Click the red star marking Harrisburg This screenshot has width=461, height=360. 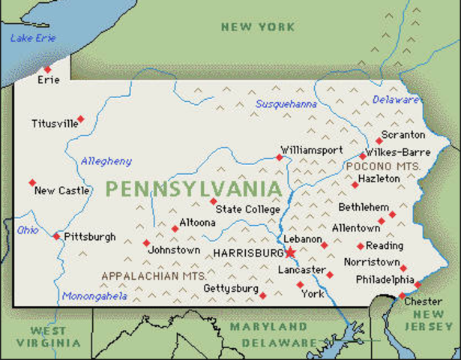point(291,253)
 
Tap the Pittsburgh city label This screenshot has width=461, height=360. point(90,237)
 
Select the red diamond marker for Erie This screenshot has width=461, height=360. point(47,69)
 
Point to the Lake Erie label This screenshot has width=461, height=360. point(34,37)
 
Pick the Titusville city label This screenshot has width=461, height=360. point(55,124)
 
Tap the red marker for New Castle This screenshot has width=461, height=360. point(32,182)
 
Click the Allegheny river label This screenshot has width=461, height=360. point(106,160)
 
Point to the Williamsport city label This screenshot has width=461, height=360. point(311,149)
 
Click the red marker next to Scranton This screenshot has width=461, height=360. point(379,140)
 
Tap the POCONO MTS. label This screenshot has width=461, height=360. point(383,164)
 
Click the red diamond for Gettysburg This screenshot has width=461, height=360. point(262,295)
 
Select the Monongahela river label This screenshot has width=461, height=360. point(94,296)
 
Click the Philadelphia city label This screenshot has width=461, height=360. point(384,279)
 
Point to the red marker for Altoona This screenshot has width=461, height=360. point(175,229)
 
